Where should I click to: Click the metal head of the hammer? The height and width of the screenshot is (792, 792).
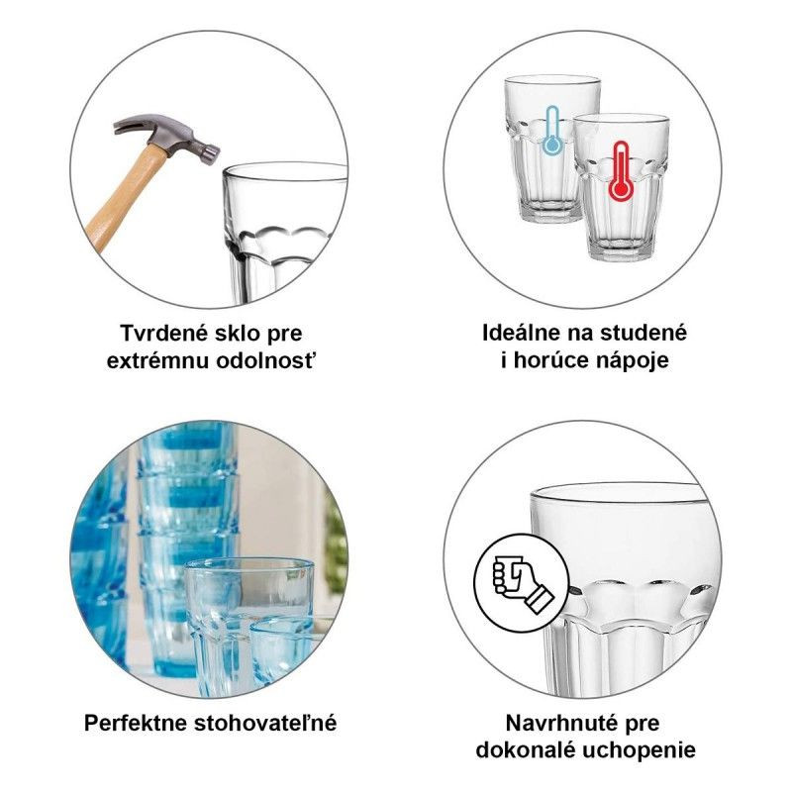(166, 137)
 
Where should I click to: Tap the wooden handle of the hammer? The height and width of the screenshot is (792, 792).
(127, 197)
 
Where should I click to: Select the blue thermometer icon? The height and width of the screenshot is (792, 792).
(552, 131)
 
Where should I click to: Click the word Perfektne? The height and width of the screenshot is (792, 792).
(136, 723)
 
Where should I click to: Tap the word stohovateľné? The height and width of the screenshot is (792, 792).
(265, 723)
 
